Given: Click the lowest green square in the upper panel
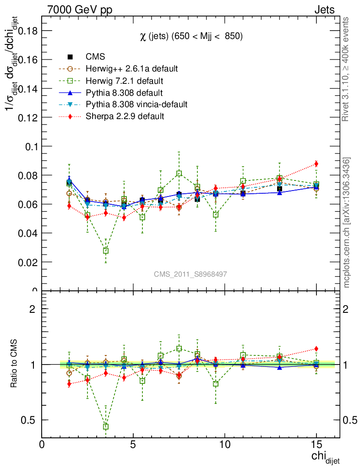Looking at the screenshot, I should coord(106,251).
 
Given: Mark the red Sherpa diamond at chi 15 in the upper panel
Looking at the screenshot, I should coord(316,164).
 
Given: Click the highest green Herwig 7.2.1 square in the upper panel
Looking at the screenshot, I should coord(179,174).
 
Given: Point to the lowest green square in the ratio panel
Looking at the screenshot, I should coord(106,426).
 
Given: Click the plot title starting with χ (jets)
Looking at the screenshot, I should coord(191,36).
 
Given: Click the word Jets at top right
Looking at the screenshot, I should coord(324,10).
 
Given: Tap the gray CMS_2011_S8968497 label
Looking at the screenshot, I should coord(191,274).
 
